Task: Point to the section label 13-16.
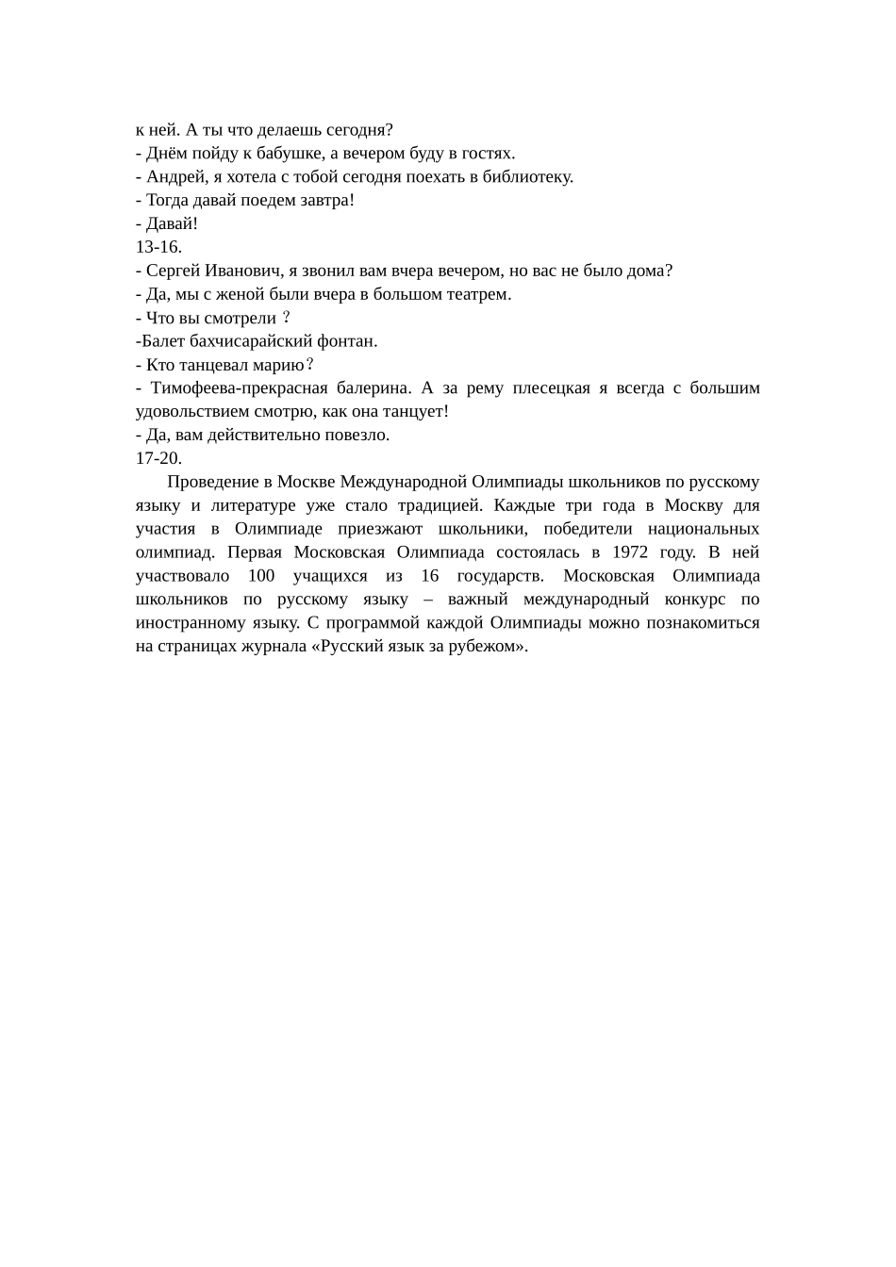click(158, 248)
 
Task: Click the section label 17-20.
click(158, 459)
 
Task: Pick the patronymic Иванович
click(238, 271)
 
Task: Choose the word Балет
click(161, 341)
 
